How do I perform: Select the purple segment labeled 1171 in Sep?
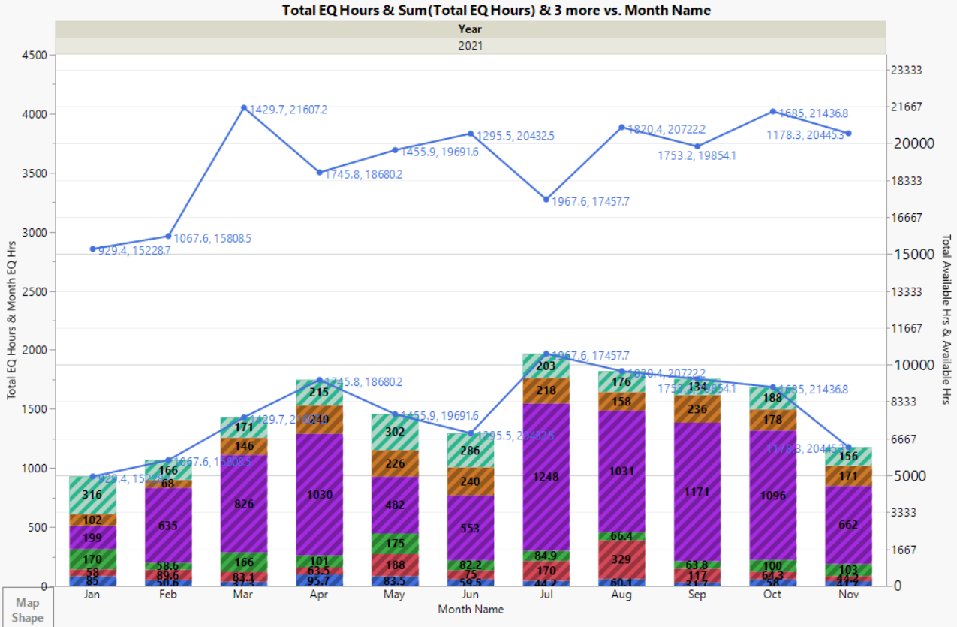(x=698, y=491)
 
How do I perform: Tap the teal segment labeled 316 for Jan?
(x=93, y=494)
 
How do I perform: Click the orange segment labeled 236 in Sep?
(x=698, y=408)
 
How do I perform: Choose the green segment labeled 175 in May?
(x=396, y=544)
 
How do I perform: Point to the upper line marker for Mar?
(x=244, y=108)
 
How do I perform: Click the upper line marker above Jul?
(x=546, y=200)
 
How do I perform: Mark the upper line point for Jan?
(x=93, y=249)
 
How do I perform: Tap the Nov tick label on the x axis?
(x=848, y=595)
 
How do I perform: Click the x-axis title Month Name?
(x=471, y=609)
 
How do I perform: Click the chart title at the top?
(x=496, y=10)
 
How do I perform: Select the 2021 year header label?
(x=471, y=45)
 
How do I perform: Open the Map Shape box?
(x=27, y=610)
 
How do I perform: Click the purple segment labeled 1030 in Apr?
(x=320, y=495)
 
